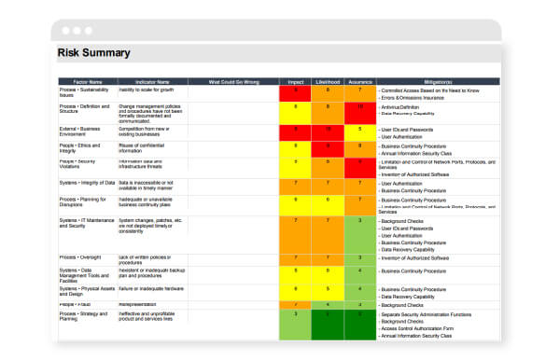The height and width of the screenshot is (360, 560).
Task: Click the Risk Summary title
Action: pos(94,53)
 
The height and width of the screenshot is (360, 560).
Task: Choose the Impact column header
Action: pos(296,82)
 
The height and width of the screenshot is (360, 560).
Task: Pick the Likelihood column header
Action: pos(328,82)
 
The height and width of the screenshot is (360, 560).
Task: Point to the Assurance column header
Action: pos(359,82)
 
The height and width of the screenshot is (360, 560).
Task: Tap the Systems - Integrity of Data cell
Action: pos(87,183)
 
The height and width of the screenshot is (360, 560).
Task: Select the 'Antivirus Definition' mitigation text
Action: pos(407,107)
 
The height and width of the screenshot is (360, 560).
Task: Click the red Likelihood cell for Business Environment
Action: pos(328,132)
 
